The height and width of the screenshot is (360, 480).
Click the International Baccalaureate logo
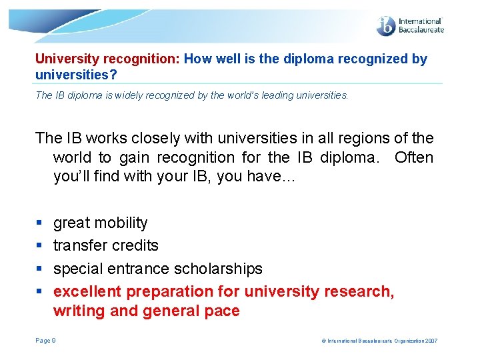[409, 25]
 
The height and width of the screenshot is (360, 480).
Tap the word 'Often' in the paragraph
[413, 158]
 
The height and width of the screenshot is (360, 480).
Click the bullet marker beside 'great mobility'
[39, 223]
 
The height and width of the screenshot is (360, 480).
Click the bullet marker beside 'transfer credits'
[39, 246]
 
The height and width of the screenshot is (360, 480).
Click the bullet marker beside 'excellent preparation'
[39, 291]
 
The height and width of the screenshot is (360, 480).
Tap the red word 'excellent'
[87, 291]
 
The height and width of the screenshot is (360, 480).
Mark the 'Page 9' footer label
[45, 341]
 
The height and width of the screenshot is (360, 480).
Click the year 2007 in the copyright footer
[430, 341]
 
